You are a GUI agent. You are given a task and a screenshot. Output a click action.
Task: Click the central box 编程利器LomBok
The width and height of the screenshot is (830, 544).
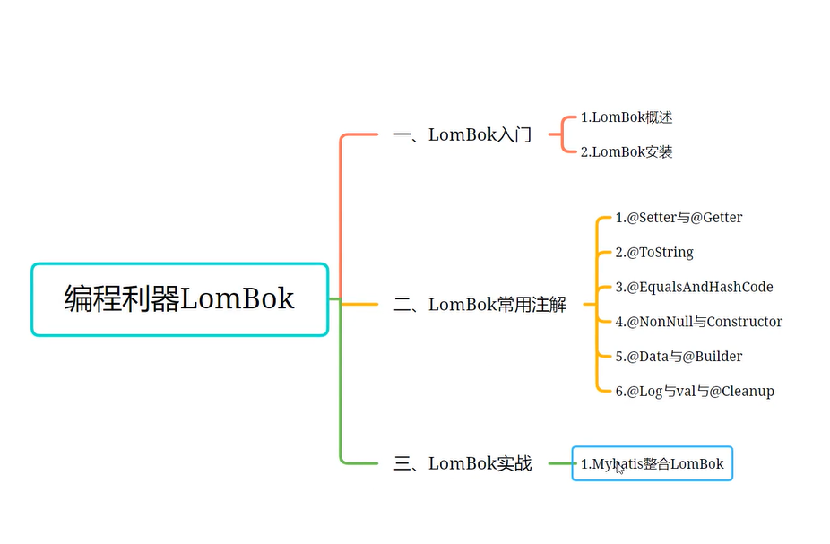point(180,299)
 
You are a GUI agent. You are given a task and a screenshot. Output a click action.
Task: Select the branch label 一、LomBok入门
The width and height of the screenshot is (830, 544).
point(463,135)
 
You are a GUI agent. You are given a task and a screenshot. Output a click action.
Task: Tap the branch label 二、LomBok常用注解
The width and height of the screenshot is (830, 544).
point(480,305)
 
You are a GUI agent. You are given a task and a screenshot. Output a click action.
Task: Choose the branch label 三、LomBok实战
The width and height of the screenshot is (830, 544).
point(463,463)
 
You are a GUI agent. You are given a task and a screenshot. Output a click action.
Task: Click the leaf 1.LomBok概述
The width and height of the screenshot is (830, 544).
point(627,117)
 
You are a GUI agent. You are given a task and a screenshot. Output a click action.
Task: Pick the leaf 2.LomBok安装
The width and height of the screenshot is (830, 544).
point(627,151)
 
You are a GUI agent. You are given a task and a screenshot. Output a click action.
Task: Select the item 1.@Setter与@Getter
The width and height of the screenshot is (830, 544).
point(679,218)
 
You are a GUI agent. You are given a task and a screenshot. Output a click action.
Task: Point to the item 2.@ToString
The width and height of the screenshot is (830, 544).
point(654,253)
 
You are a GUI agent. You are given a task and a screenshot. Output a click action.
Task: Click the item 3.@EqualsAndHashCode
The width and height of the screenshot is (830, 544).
point(694,287)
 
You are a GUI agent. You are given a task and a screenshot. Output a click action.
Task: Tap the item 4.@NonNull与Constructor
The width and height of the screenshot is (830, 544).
point(699,322)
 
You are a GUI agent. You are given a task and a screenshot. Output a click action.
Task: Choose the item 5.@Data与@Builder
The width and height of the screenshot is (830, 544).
point(679,357)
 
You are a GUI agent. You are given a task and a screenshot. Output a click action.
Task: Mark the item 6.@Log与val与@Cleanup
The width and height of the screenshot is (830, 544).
point(695,392)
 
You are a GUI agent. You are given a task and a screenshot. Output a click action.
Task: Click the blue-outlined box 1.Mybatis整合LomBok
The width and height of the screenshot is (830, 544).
point(653,463)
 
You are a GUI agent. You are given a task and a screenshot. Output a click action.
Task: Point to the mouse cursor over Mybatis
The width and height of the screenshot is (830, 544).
point(618,468)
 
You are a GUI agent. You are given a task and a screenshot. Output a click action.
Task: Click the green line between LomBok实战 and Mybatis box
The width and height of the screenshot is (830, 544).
point(560,463)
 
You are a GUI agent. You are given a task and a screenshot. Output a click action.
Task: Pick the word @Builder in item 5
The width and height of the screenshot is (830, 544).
point(713,357)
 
